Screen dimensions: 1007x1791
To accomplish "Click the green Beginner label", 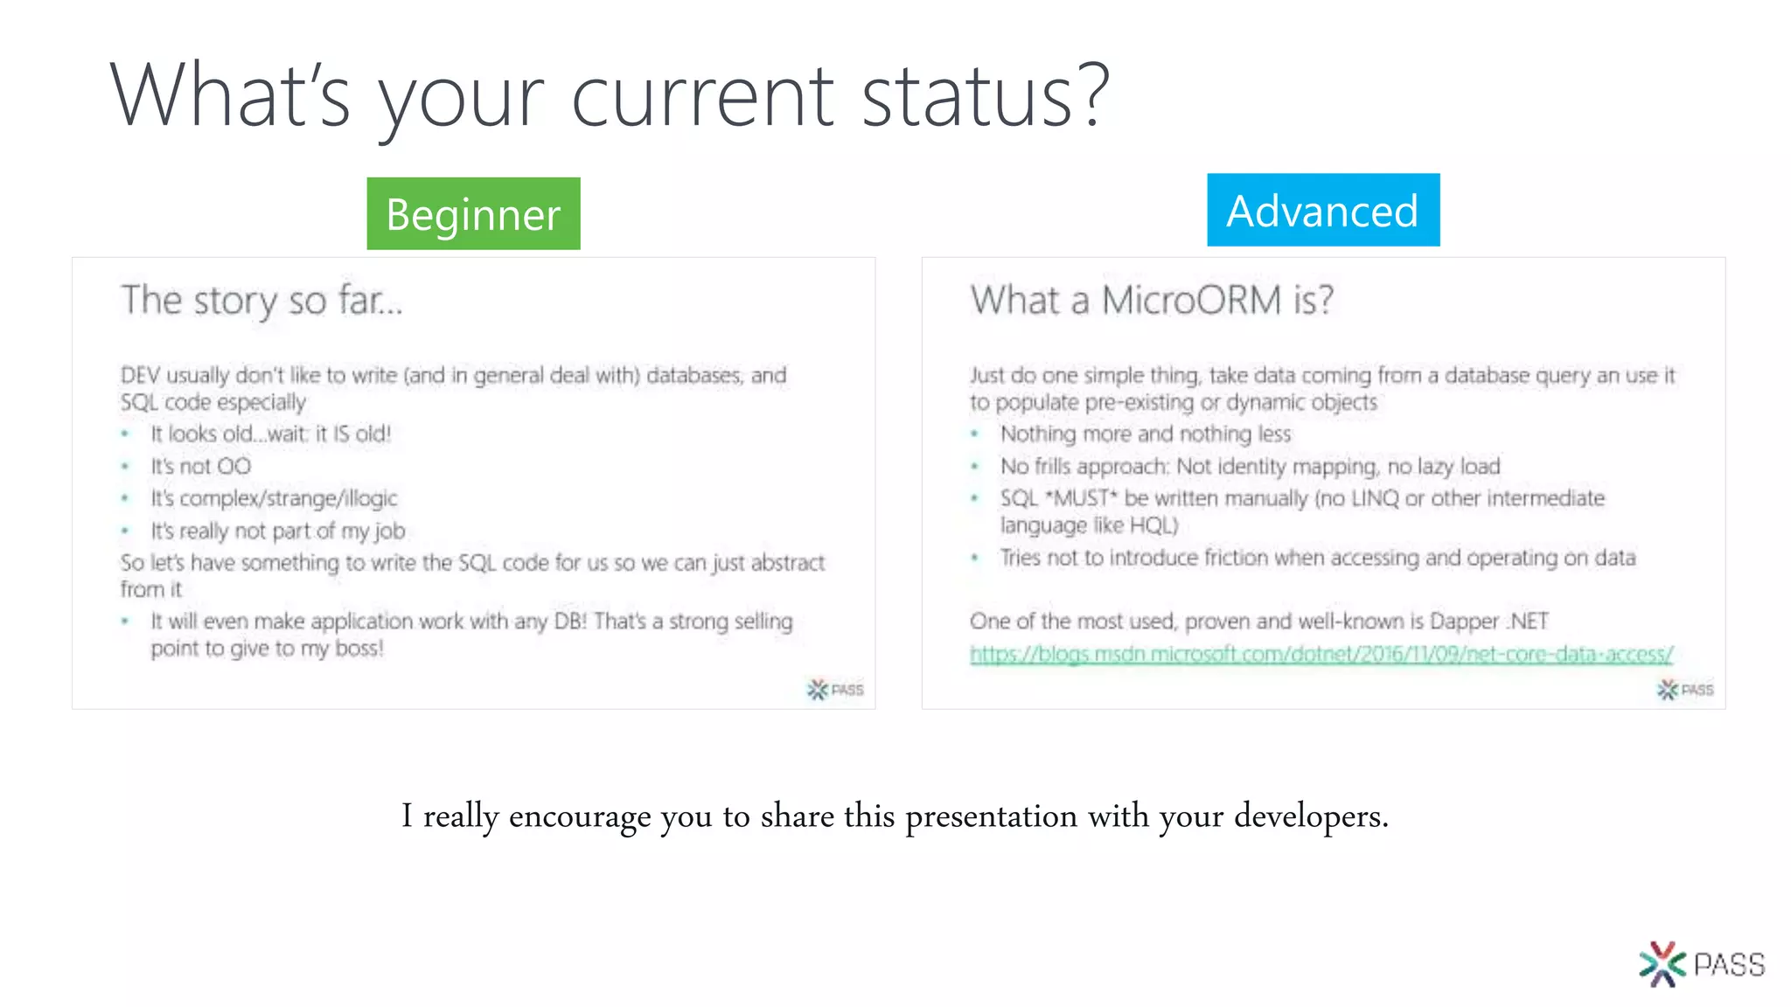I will tap(473, 214).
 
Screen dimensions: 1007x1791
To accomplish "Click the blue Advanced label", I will tap(1322, 211).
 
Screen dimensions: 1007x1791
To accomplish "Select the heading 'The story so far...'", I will tap(261, 301).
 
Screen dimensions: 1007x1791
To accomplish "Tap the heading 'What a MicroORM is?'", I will tap(1152, 301).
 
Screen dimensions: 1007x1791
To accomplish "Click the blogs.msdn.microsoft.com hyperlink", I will tap(1321, 654).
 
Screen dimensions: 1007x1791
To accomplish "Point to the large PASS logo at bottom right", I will tap(1701, 964).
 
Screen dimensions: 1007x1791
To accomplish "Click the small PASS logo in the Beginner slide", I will tap(834, 690).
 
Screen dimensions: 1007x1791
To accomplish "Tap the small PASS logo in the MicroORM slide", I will tap(1684, 690).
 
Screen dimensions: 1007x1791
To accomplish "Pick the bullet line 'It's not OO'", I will tap(200, 466).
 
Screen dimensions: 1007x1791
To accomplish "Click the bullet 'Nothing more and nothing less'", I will tap(1145, 434).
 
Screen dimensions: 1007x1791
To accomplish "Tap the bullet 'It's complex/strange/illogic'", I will tap(273, 498).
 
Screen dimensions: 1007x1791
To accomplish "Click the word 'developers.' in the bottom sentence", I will tap(1311, 816).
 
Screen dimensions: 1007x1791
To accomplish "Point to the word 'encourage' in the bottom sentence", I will tap(580, 816).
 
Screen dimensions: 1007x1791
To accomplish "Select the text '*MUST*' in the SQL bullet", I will tap(1081, 498).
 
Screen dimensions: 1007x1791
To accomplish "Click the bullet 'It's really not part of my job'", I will tap(277, 531).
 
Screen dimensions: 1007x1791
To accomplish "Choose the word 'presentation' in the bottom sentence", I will tap(991, 816).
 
